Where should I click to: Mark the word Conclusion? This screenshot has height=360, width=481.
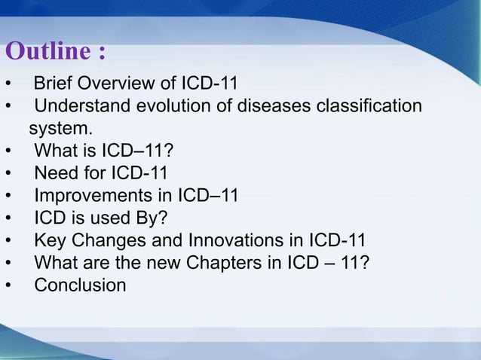pyautogui.click(x=80, y=286)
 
